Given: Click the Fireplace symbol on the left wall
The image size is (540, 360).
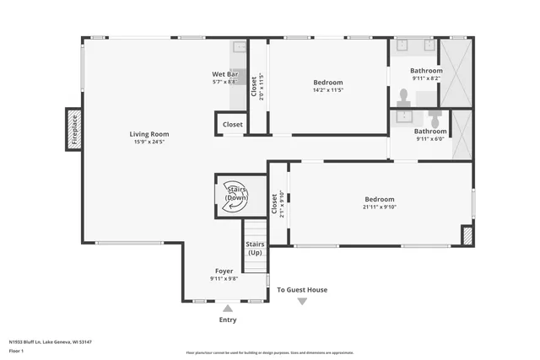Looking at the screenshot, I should (74, 130).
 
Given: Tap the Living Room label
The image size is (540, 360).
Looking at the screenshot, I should (149, 134).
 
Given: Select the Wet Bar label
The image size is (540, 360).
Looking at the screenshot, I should (224, 74).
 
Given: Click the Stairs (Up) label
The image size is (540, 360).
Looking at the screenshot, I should (255, 248).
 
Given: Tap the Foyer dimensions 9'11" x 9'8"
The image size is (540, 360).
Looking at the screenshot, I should (224, 279).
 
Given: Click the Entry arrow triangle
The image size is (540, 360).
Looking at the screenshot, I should (227, 309).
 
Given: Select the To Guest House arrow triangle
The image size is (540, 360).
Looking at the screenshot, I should (302, 301).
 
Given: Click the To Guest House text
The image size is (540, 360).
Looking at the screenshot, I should (302, 290).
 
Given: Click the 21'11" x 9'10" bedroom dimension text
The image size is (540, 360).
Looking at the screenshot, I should (380, 207).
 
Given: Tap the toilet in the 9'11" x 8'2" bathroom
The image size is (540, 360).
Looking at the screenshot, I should (403, 95).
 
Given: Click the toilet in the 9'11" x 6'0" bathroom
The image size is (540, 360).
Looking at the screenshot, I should (434, 114).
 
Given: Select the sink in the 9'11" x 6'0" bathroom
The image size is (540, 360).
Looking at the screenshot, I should (404, 113).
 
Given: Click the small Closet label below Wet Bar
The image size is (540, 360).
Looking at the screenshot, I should (233, 125).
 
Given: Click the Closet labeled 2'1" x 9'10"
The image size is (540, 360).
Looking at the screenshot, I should (275, 204).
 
